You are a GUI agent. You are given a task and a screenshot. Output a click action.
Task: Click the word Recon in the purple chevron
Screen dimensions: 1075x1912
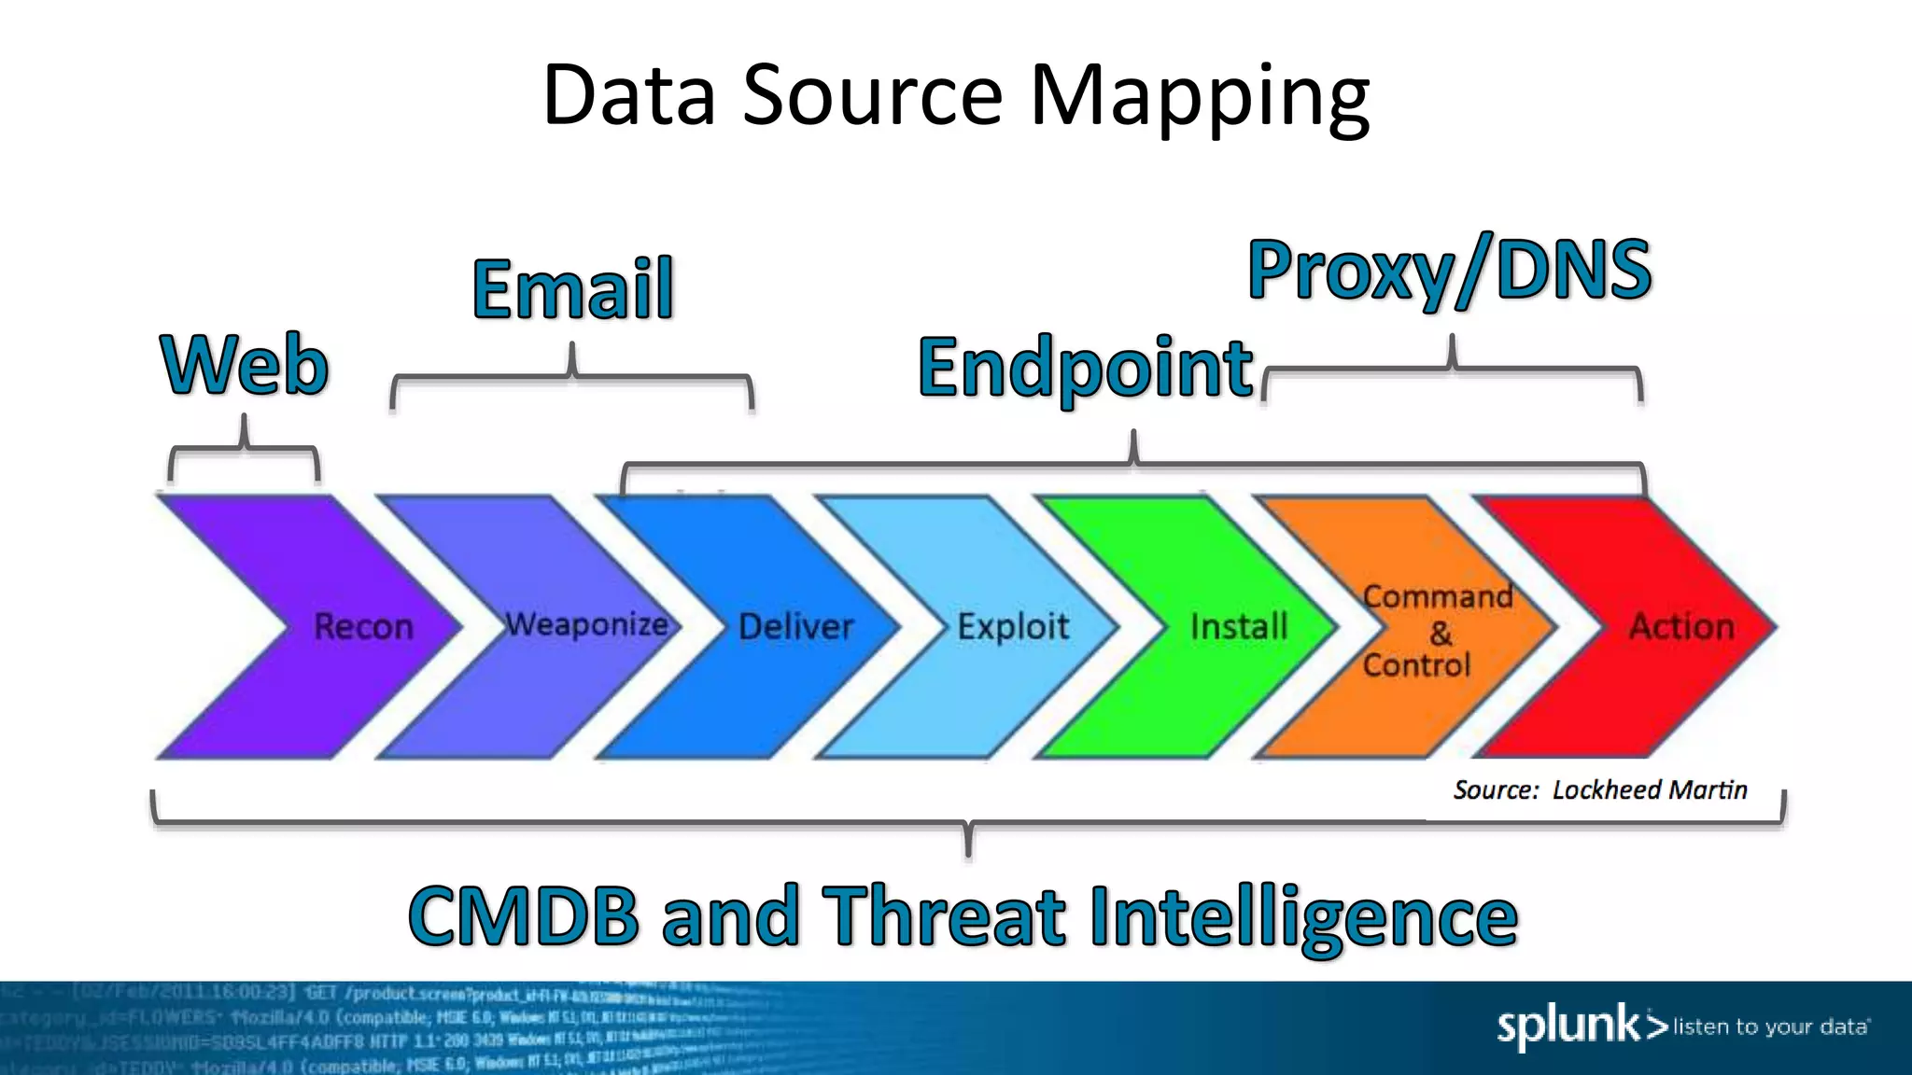pos(363,626)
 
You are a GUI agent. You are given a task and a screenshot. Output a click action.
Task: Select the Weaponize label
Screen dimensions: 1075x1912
pos(586,624)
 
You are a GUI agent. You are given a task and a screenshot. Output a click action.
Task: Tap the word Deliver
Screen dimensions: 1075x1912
pos(795,626)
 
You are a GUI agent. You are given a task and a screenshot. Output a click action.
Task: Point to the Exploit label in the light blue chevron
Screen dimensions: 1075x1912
pos(1013,626)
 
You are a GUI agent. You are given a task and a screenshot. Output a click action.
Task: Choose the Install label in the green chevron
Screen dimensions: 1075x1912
pos(1239,626)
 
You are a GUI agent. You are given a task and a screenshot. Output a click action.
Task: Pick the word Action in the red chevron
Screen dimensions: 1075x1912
pos(1681,626)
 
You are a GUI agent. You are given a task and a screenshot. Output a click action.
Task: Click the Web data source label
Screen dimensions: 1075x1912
pos(245,365)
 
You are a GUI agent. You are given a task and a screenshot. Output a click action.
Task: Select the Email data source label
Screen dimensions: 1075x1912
pos(572,289)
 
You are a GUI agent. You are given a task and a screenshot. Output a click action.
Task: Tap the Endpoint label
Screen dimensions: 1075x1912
pos(1085,369)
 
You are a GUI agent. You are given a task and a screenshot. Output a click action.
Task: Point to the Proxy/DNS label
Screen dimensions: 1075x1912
pos(1450,271)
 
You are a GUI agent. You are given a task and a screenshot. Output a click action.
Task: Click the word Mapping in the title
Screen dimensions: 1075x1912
pos(1199,96)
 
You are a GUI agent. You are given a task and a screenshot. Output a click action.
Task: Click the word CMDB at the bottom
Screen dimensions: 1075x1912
pos(524,916)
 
